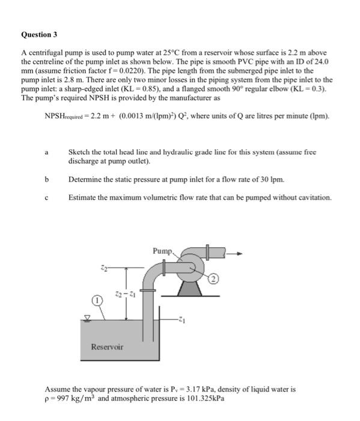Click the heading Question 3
coord(39,35)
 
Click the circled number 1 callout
coord(97,300)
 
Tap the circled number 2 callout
coord(213,279)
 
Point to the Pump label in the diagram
coord(162,251)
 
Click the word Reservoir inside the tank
coord(107,346)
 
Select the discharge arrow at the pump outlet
coord(234,253)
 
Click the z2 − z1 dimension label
coord(125,294)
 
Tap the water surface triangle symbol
coord(87,318)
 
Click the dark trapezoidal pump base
coord(190,289)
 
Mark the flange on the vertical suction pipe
coord(148,290)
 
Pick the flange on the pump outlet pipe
coord(207,252)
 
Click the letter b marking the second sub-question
coord(47,179)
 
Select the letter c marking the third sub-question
coord(46,198)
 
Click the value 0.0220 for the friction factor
coord(132,71)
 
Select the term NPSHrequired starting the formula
coord(64,116)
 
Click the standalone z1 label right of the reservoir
coord(182,320)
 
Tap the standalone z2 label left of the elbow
coord(104,268)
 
